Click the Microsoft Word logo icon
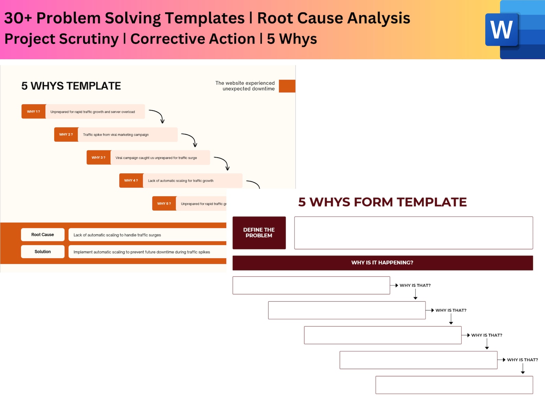[x=502, y=30]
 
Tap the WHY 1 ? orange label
[x=33, y=112]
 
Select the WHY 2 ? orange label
[x=66, y=135]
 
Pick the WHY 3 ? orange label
[x=98, y=158]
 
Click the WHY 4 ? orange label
[x=131, y=181]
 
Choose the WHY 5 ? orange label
[x=164, y=204]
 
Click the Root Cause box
[x=43, y=235]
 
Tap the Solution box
[x=43, y=252]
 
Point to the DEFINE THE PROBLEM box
[x=259, y=233]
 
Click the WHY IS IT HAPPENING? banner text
[x=382, y=263]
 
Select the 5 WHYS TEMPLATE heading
[x=71, y=86]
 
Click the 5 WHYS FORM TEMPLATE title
[x=382, y=202]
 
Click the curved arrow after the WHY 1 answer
[x=157, y=116]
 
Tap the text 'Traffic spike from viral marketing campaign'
[x=116, y=135]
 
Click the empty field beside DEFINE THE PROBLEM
[x=413, y=233]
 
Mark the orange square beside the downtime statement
[x=287, y=86]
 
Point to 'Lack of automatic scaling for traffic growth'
[x=181, y=181]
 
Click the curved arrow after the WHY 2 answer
[x=190, y=139]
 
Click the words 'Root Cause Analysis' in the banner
[x=334, y=18]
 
